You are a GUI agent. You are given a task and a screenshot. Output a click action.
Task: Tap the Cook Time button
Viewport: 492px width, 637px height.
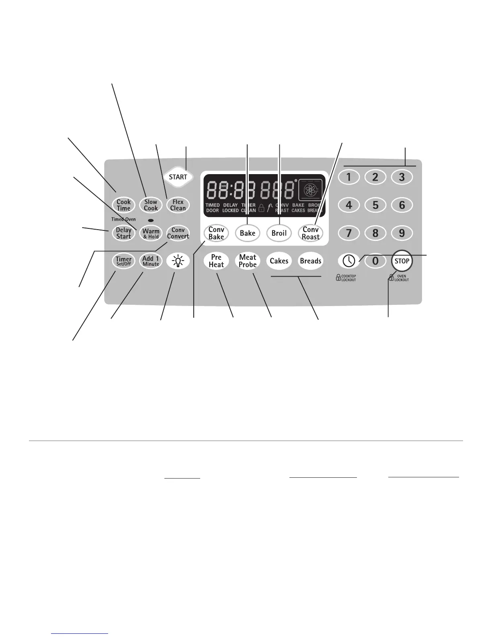point(123,205)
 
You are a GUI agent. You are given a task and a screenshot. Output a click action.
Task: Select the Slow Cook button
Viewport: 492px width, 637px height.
point(151,205)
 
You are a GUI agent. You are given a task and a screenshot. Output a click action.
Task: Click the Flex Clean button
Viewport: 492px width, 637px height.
point(178,205)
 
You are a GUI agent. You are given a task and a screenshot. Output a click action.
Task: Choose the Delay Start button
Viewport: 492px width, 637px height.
point(123,233)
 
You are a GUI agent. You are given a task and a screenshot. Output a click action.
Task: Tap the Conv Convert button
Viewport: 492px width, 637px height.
point(178,233)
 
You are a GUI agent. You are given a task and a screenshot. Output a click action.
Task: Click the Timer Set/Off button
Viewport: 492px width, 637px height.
point(123,261)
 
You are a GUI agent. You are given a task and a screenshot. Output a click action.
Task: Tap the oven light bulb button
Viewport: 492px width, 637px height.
point(178,261)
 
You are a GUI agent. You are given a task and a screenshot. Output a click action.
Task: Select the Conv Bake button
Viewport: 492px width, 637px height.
point(216,233)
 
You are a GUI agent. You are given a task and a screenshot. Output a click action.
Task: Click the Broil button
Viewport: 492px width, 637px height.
point(279,233)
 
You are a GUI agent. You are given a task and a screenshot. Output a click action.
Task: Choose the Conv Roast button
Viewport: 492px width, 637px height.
point(311,233)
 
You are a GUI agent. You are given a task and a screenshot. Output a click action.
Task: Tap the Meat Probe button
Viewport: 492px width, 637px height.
point(248,261)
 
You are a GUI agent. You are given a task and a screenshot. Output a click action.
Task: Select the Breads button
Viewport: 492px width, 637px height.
point(311,261)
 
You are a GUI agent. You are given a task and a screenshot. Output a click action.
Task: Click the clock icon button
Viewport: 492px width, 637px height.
point(348,261)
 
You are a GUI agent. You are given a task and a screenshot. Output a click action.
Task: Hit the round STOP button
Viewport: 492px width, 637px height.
point(402,261)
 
